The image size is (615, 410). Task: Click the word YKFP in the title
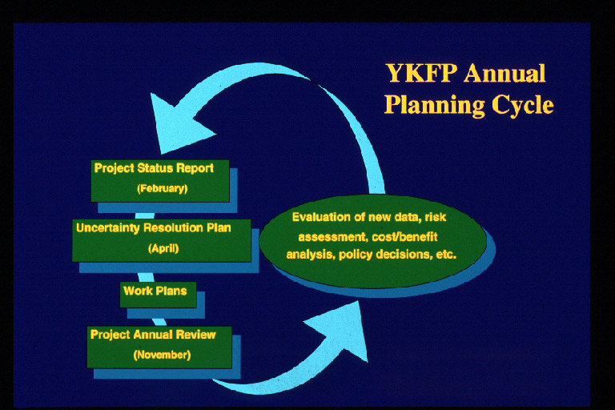coord(422,74)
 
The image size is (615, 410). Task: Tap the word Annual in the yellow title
coord(504,74)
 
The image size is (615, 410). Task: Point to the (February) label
coord(163,189)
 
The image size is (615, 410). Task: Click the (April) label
coord(163,248)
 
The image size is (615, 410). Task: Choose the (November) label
coord(162,355)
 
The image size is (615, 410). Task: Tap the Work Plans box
coord(158,294)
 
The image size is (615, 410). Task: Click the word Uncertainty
coord(108,228)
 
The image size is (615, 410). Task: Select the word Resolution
coord(173,227)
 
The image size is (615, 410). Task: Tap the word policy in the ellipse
coord(356,255)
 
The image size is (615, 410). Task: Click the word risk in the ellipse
coord(435,217)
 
